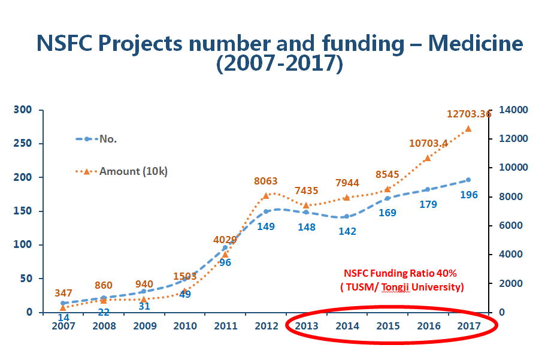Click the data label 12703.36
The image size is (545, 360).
[469, 114]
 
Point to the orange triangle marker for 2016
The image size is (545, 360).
[428, 158]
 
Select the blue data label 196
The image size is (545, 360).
[469, 195]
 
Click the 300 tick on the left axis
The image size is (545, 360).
[23, 110]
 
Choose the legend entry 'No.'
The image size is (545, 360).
[108, 139]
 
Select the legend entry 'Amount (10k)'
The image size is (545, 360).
[133, 171]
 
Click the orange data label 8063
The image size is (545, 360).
[265, 181]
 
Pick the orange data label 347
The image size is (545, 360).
[63, 294]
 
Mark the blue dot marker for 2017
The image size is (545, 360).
[468, 180]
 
